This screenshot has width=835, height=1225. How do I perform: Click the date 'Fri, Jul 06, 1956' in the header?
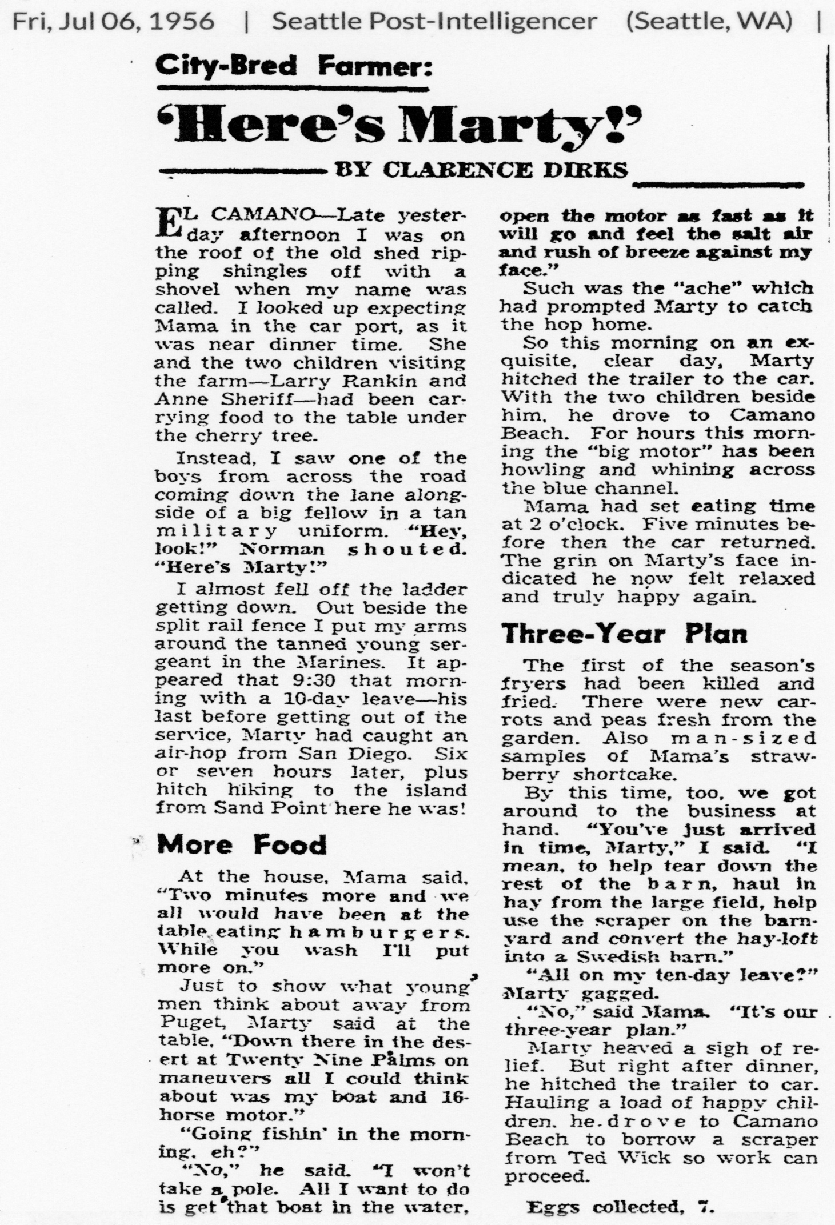[114, 22]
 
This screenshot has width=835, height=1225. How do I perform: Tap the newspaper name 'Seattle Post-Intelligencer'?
[434, 22]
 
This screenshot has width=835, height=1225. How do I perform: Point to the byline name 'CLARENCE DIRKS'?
[506, 170]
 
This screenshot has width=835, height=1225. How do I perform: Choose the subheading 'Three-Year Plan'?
[625, 634]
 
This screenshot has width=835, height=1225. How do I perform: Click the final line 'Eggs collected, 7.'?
[620, 1207]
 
